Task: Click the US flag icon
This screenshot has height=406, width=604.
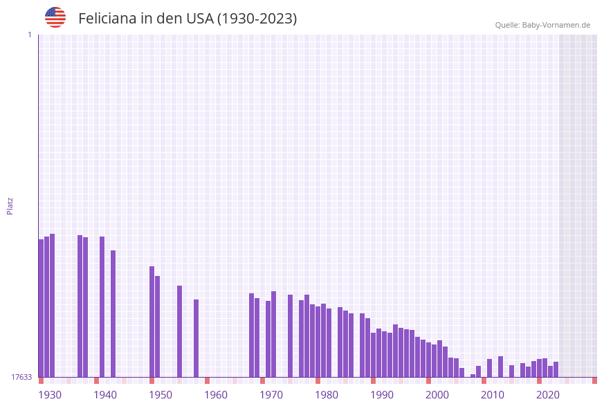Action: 55,17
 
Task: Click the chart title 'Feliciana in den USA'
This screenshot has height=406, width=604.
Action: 187,19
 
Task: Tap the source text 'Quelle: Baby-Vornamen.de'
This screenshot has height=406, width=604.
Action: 542,25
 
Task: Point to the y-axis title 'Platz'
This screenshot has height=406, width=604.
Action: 10,205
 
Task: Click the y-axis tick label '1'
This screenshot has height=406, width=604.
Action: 29,35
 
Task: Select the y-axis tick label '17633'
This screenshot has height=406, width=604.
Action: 21,377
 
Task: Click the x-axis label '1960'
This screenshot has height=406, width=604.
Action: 216,395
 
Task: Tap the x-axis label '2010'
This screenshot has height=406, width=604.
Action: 493,395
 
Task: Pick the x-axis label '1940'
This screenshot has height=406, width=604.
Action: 105,395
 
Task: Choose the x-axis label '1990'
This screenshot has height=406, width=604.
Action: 382,395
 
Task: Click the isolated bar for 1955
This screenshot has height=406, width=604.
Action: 179,331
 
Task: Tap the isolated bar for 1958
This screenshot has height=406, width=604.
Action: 196,338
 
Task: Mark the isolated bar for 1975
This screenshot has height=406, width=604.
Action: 290,335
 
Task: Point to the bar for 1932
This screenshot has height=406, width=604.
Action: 52,305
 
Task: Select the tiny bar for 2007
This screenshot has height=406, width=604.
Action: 473,376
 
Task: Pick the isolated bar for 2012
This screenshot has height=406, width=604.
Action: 500,367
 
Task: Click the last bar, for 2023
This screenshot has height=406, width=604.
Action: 556,369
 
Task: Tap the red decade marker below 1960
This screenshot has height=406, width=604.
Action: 207,380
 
